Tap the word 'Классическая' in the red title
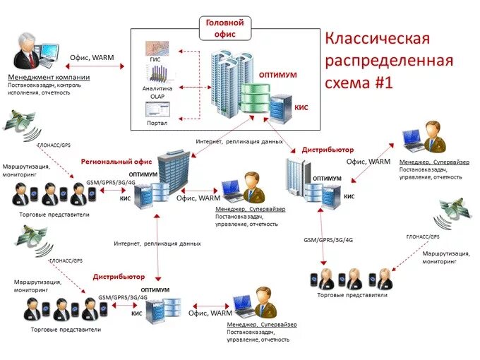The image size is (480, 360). coord(377,38)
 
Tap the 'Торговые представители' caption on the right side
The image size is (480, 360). coord(352,295)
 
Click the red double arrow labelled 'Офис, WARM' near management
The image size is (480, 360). coord(92,66)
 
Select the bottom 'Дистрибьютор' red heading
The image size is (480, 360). coord(119,277)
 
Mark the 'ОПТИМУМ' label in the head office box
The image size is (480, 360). coord(277,74)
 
